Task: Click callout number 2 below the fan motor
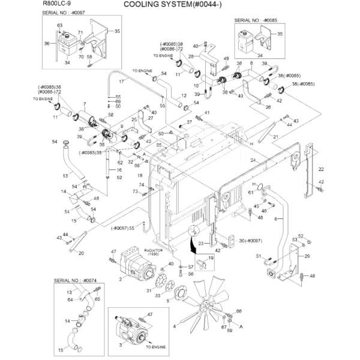coord(121,279)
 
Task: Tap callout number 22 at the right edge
coord(321,170)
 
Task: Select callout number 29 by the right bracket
coord(307,256)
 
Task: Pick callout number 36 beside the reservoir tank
coord(46,43)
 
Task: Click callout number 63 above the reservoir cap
coord(59,25)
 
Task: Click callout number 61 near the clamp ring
coord(250,193)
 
